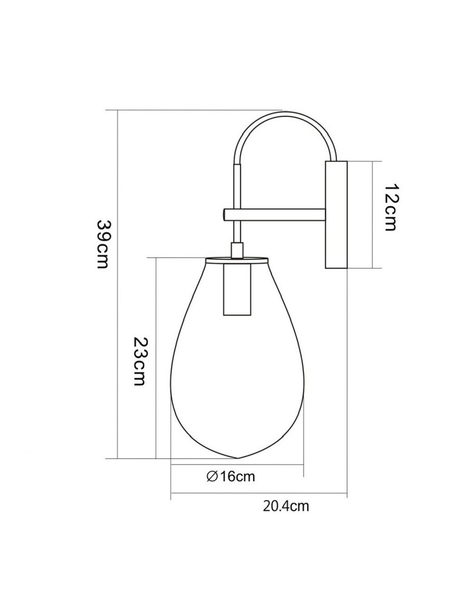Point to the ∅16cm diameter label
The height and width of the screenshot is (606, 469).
230,476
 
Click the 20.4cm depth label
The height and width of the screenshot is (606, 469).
286,507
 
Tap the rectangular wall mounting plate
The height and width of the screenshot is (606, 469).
336,215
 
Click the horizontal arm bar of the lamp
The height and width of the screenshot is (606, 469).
279,214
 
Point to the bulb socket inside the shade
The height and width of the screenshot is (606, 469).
235,290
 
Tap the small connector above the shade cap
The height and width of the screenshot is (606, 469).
237,250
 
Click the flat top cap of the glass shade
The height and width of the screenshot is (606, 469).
236,260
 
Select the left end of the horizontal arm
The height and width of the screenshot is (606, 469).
225,214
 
